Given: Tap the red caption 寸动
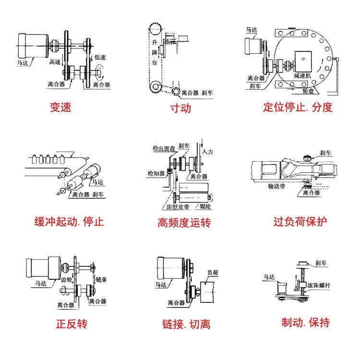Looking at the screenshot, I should pyautogui.click(x=180, y=108).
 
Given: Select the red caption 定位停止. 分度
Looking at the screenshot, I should pyautogui.click(x=298, y=107).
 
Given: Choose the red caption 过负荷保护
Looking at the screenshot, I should pyautogui.click(x=300, y=222).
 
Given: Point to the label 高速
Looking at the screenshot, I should pyautogui.click(x=55, y=62).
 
